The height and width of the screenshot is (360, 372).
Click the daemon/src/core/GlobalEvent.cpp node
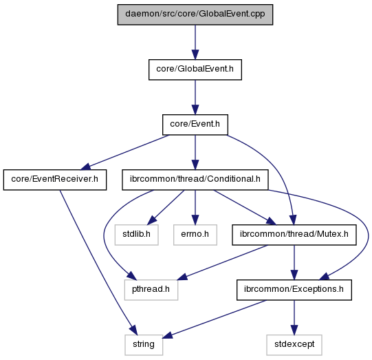195,14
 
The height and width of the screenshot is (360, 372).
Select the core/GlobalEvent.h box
195,70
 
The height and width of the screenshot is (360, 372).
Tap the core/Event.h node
195,125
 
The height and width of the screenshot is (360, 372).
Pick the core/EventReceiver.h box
55,180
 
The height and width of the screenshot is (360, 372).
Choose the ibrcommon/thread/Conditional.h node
195,180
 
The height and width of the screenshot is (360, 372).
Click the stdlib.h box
136,235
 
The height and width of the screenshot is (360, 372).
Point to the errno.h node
195,235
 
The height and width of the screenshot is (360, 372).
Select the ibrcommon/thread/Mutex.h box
294,235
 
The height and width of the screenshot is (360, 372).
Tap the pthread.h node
151,290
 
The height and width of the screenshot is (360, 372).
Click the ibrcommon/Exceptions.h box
294,290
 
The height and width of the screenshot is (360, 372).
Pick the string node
144,345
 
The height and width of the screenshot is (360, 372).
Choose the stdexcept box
294,345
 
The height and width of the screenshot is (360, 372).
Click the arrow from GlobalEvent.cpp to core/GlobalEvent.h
195,42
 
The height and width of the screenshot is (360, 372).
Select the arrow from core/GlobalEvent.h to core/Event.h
195,97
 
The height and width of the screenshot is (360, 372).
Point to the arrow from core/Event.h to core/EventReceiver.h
125,152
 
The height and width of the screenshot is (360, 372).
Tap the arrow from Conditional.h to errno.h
195,207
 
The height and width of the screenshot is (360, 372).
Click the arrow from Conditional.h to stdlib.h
166,207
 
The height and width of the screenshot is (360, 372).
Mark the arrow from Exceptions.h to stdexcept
294,317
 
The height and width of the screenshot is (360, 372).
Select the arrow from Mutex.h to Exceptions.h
294,262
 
